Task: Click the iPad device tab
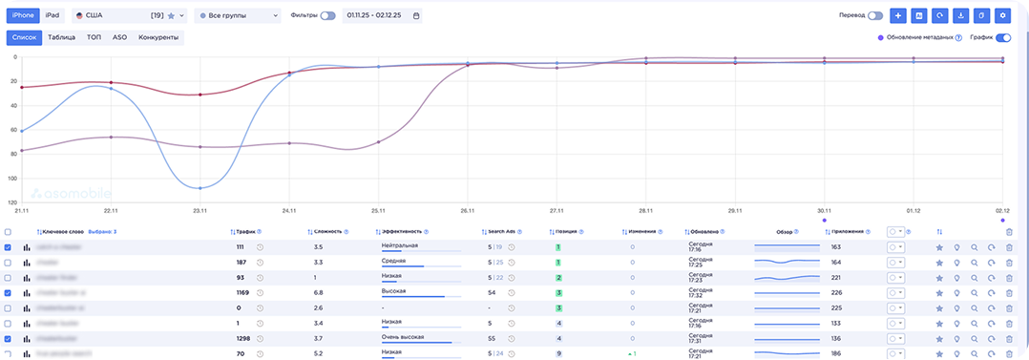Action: (x=52, y=15)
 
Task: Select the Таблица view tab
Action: (x=61, y=37)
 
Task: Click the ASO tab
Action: (x=119, y=37)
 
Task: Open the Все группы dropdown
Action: (x=237, y=15)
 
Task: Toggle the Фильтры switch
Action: (x=327, y=15)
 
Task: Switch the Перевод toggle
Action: (x=874, y=15)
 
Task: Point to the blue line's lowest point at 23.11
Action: (x=199, y=188)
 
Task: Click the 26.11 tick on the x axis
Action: (x=467, y=209)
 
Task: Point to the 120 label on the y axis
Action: (x=13, y=202)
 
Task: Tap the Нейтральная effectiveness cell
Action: (x=402, y=245)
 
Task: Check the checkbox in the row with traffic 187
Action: (x=9, y=262)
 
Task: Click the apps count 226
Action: (x=836, y=292)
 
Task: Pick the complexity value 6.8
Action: (x=319, y=292)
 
